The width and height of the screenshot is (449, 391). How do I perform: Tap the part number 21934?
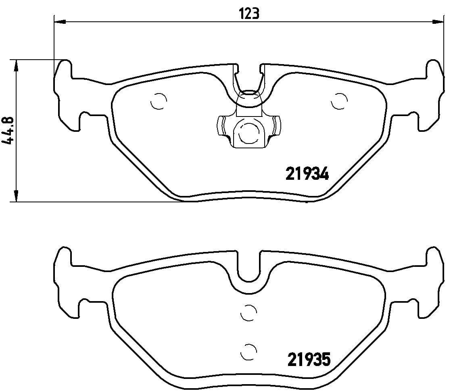(x=307, y=174)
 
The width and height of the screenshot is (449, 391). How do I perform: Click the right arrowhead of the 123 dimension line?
(x=438, y=21)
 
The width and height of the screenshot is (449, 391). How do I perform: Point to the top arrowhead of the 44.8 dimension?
(x=16, y=66)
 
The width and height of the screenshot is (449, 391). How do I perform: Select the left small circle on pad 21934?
(x=158, y=102)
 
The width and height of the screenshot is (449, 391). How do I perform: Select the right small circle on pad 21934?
(x=338, y=101)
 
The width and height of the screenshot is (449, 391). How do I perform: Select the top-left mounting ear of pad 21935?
(x=64, y=258)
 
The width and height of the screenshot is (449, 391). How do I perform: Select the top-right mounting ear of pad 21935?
(x=434, y=258)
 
